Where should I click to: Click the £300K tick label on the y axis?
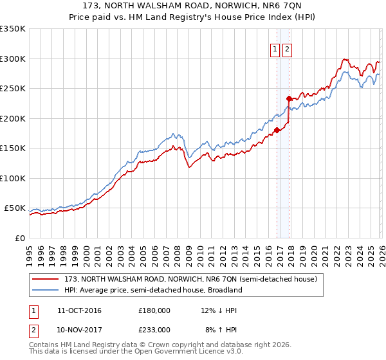(13, 59)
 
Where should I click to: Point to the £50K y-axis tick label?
(15, 208)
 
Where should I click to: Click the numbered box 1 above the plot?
(275, 49)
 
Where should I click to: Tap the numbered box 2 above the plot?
(287, 49)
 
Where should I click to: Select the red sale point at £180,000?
(277, 130)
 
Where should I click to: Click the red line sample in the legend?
(46, 280)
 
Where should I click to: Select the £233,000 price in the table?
(154, 329)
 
